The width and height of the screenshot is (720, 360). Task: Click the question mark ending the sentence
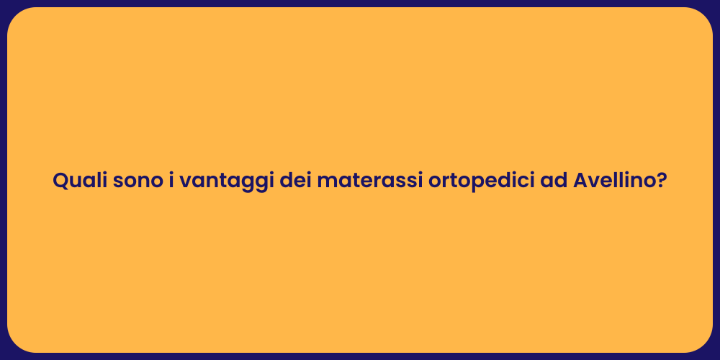pyautogui.click(x=661, y=181)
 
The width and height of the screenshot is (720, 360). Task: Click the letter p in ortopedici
pyautogui.click(x=470, y=184)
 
